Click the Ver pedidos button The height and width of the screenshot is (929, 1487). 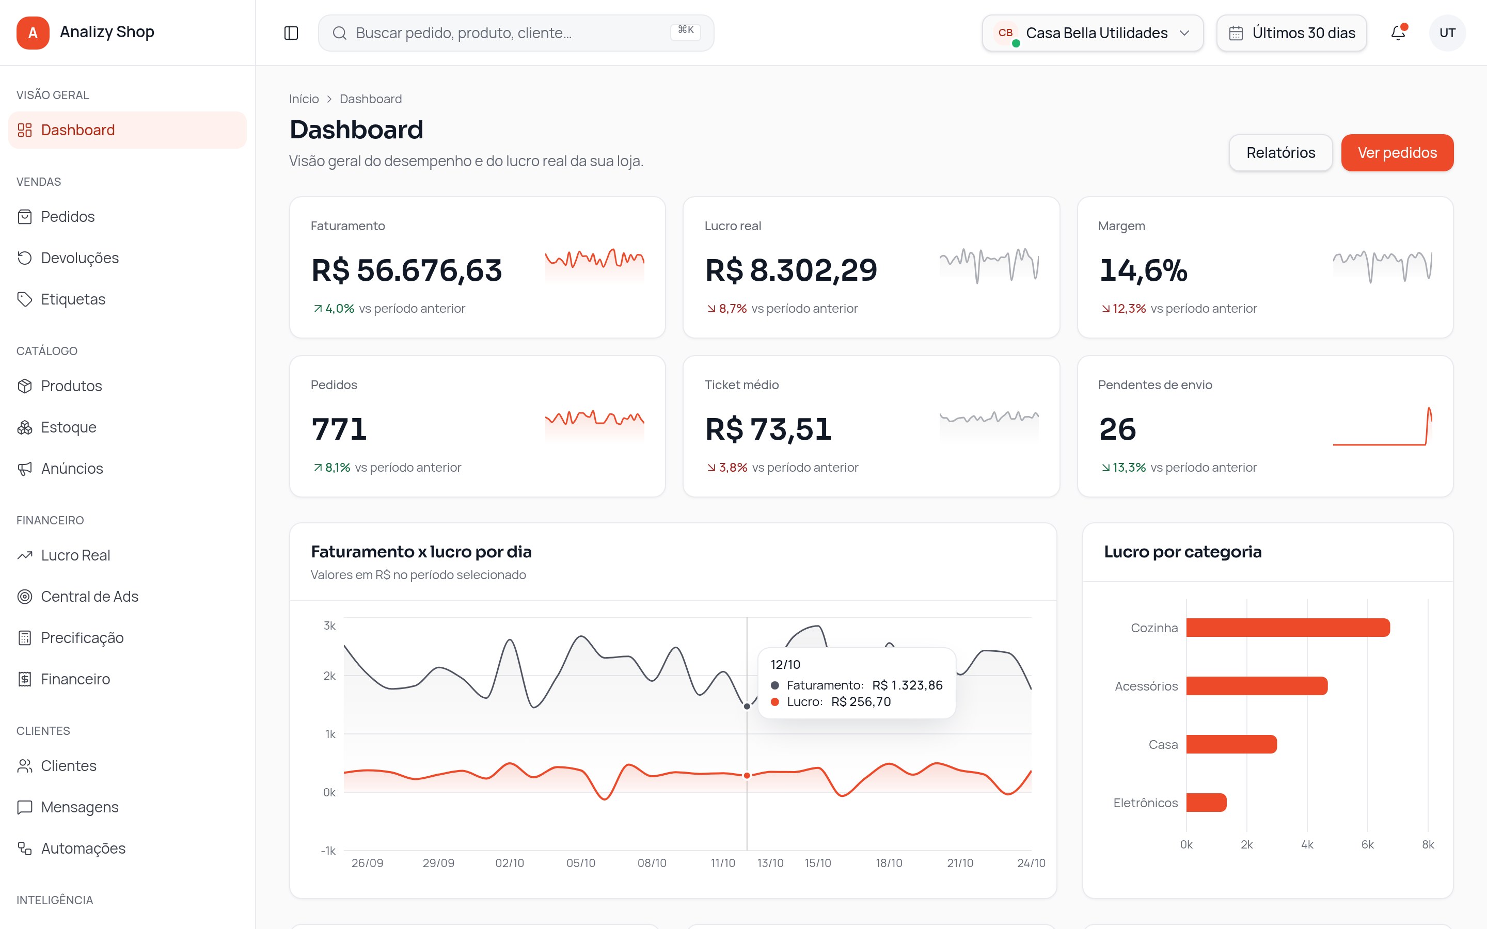click(x=1397, y=152)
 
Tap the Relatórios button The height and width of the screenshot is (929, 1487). click(x=1280, y=152)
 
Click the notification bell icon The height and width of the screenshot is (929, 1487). click(x=1398, y=33)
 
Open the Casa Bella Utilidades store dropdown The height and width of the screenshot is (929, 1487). click(x=1093, y=33)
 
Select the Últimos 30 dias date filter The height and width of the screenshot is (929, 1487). click(x=1292, y=33)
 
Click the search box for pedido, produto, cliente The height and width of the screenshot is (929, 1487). click(x=516, y=33)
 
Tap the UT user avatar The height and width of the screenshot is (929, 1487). click(x=1447, y=33)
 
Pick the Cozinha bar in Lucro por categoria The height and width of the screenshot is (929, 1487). click(x=1288, y=627)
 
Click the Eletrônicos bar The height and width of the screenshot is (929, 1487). click(x=1206, y=803)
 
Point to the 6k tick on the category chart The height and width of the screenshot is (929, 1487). click(x=1367, y=844)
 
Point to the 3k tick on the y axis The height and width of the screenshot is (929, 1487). click(x=329, y=626)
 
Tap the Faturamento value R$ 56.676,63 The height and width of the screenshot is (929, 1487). click(x=407, y=270)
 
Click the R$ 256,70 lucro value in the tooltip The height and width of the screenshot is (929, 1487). click(x=861, y=702)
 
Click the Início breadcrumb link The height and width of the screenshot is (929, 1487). click(x=304, y=99)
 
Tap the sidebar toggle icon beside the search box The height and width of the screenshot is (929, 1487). click(x=291, y=33)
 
